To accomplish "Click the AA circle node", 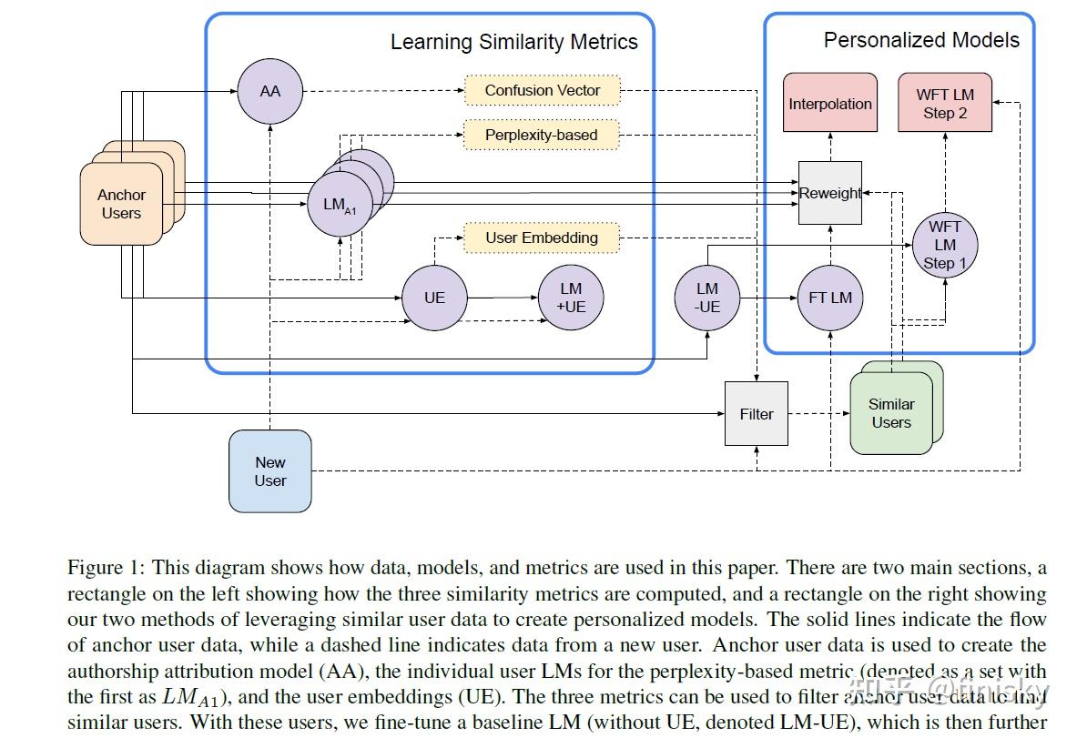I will pyautogui.click(x=269, y=91).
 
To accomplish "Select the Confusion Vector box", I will pyautogui.click(x=542, y=90).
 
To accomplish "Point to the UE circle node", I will pyautogui.click(x=435, y=298).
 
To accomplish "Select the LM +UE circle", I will pyautogui.click(x=571, y=298).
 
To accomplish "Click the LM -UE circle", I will pyautogui.click(x=706, y=298).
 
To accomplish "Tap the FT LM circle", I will pyautogui.click(x=829, y=298).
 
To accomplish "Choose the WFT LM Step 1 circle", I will pyautogui.click(x=945, y=245).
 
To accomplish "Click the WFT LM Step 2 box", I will pyautogui.click(x=945, y=104).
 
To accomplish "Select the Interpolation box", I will pyautogui.click(x=829, y=104).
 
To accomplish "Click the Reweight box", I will pyautogui.click(x=829, y=193).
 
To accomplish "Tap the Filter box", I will pyautogui.click(x=756, y=414).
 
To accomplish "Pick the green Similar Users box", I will pyautogui.click(x=891, y=413).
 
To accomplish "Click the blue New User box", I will pyautogui.click(x=269, y=471).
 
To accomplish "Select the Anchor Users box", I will pyautogui.click(x=121, y=204).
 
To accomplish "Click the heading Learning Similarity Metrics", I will pyautogui.click(x=513, y=42).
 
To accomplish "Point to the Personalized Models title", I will pyautogui.click(x=921, y=40).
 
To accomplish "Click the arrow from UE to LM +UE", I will pyautogui.click(x=503, y=298).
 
